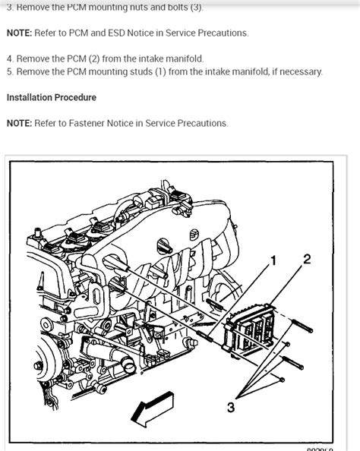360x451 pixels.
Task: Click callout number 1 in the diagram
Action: pos(274,262)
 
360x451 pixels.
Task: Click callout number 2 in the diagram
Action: pos(306,260)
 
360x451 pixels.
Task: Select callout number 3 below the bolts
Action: pos(230,408)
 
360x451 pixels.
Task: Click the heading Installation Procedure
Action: pos(52,98)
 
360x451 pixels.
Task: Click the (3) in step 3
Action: pos(196,8)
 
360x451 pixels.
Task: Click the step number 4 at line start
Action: pos(9,58)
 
